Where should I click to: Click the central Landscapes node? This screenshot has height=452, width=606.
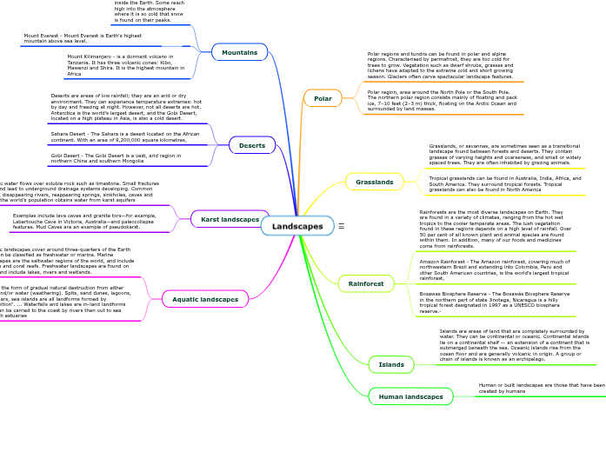[296, 226]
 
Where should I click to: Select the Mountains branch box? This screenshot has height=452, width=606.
[239, 52]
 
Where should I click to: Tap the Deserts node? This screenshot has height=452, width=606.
[252, 145]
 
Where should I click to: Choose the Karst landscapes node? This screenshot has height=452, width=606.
[230, 219]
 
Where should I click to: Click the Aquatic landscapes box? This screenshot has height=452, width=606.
[205, 299]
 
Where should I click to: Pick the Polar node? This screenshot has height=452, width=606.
[323, 98]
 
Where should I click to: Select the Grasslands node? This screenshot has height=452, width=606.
[375, 182]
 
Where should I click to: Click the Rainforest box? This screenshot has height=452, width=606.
[366, 283]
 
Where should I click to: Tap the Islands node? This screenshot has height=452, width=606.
[392, 364]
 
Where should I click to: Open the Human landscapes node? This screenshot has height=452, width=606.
[411, 396]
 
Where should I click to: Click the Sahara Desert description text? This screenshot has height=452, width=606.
[125, 136]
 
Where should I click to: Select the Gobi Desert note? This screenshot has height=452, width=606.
[116, 158]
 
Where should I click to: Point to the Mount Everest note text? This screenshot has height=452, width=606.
[83, 38]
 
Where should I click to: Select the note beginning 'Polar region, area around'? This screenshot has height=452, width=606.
[442, 100]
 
